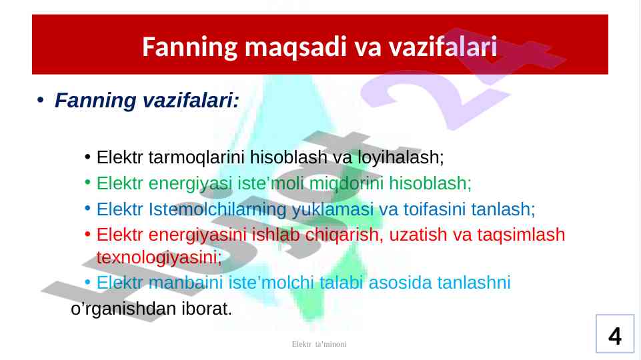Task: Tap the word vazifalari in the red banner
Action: coord(443,46)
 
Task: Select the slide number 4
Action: coord(615,336)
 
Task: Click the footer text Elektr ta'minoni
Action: coord(319,344)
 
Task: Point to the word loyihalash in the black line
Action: coord(401,157)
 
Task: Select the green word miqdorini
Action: coord(346,183)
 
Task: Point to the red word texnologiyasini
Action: coord(159,258)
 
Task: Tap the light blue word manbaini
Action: coord(185,283)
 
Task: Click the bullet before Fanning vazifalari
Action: coord(40,100)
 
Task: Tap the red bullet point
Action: coord(87,235)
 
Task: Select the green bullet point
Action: coord(87,183)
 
